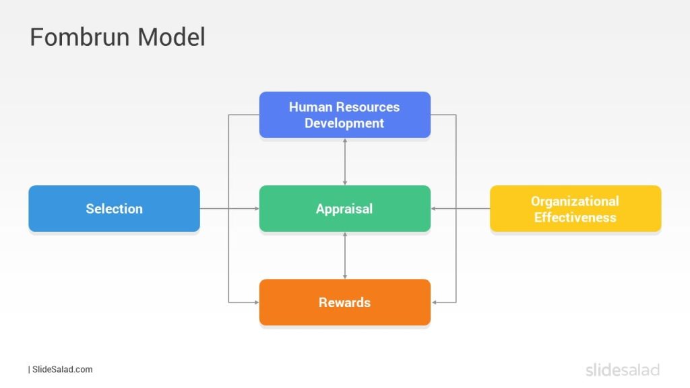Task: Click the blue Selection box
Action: point(114,209)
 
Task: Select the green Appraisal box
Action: point(344,209)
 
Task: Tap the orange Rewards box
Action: point(344,302)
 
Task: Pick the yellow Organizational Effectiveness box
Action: point(575,209)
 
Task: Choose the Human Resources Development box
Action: point(344,115)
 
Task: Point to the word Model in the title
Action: point(171,37)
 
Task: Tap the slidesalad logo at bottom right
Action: point(622,369)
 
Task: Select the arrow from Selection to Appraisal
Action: point(229,209)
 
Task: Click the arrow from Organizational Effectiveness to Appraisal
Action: point(460,209)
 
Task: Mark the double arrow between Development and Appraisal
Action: point(345,162)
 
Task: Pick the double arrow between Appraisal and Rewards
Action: point(345,255)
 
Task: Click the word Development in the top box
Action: point(344,123)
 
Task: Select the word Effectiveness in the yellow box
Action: point(575,218)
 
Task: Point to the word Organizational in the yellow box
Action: point(575,201)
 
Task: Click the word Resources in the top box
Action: point(368,107)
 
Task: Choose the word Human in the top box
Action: point(311,107)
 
